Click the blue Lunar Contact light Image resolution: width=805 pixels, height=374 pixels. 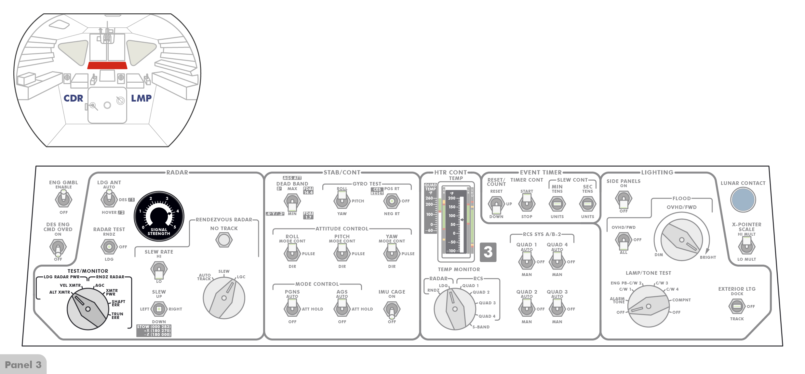pyautogui.click(x=743, y=200)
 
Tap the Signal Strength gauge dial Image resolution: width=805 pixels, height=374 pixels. pyautogui.click(x=159, y=216)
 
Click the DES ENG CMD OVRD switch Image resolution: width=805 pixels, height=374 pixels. pyautogui.click(x=58, y=247)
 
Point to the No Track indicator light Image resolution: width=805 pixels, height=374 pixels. pyautogui.click(x=224, y=240)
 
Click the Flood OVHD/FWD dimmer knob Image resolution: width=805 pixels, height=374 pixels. pyautogui.click(x=681, y=240)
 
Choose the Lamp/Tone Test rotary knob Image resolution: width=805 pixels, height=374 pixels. pyautogui.click(x=648, y=306)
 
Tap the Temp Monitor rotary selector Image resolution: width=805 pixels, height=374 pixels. pyautogui.click(x=455, y=309)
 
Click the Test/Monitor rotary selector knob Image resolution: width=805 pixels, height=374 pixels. pyautogui.click(x=88, y=309)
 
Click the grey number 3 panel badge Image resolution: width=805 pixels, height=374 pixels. pyautogui.click(x=488, y=252)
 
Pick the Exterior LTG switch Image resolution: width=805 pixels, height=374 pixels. pyautogui.click(x=737, y=306)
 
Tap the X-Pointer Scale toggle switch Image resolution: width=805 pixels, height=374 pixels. pyautogui.click(x=746, y=246)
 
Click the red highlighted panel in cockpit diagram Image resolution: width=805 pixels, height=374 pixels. pyautogui.click(x=107, y=65)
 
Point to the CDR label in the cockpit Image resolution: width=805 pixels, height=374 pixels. pyautogui.click(x=73, y=98)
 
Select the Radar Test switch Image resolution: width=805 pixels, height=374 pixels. pyautogui.click(x=109, y=247)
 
